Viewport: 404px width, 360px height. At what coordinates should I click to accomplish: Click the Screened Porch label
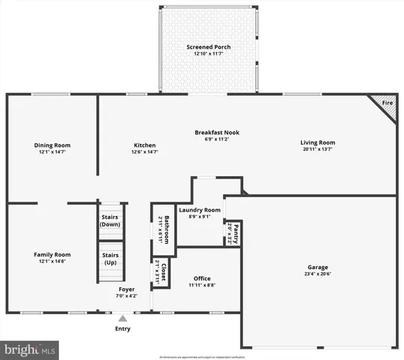point(208,47)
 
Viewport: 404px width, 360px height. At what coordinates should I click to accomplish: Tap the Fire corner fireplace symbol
point(387,105)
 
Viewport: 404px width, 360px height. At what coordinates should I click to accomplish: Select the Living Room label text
point(318,142)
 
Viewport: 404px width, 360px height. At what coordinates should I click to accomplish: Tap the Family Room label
point(52,255)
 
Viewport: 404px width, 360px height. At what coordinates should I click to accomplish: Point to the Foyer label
point(126,289)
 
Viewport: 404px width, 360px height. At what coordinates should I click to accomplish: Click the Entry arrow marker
point(122,318)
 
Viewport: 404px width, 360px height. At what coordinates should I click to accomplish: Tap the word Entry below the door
point(122,328)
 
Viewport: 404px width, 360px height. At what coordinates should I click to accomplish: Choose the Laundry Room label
point(199,210)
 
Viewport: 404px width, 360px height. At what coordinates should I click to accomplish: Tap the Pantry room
point(234,234)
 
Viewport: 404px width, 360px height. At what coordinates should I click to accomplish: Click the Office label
point(202,278)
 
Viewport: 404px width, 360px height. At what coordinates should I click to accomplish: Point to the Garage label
point(318,267)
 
